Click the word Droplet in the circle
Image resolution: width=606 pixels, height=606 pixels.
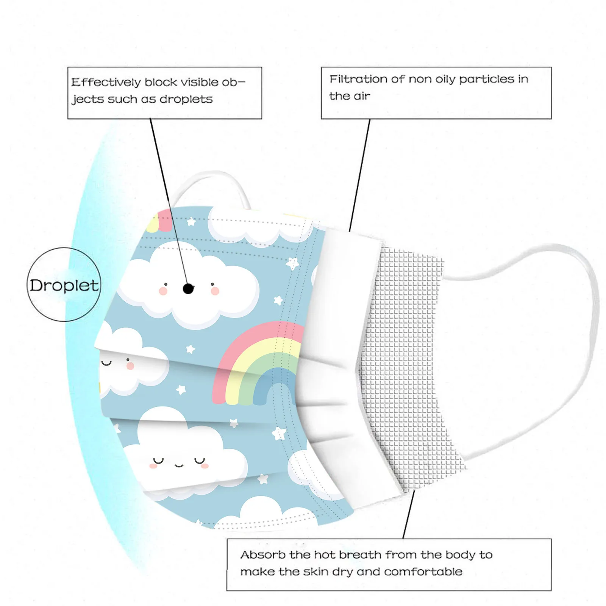click(x=64, y=285)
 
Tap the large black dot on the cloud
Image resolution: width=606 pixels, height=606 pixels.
click(x=188, y=289)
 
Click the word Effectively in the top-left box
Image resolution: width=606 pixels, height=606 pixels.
click(x=106, y=82)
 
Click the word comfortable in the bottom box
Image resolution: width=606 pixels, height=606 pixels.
click(x=423, y=572)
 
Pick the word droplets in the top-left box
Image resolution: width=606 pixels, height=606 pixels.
click(x=186, y=99)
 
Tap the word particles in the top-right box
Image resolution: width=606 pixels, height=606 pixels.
click(x=487, y=79)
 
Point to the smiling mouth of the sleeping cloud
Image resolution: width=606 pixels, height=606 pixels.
click(x=179, y=465)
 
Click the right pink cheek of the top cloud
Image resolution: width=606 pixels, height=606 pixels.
click(x=215, y=291)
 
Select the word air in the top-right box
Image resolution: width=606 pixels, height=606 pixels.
click(x=361, y=96)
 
